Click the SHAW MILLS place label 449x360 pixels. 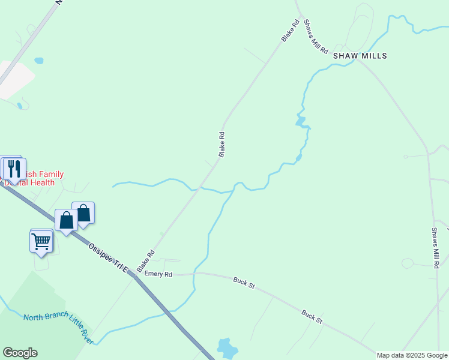pyautogui.click(x=360, y=56)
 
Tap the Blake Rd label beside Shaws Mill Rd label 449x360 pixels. pyautogui.click(x=291, y=31)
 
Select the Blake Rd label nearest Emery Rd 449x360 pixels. pyautogui.click(x=146, y=262)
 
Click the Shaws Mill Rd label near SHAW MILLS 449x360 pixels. pyautogui.click(x=316, y=36)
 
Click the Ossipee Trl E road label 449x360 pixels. pyautogui.click(x=108, y=258)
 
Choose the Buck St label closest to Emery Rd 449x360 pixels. pyautogui.click(x=244, y=283)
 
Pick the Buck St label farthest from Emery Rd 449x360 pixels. pyautogui.click(x=312, y=316)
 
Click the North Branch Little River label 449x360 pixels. pyautogui.click(x=58, y=327)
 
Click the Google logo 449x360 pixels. pyautogui.click(x=20, y=353)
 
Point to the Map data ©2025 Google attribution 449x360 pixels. pyautogui.click(x=412, y=355)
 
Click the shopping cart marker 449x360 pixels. pyautogui.click(x=41, y=241)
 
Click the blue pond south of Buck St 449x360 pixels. pyautogui.click(x=227, y=347)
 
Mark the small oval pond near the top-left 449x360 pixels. pyautogui.click(x=39, y=61)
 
